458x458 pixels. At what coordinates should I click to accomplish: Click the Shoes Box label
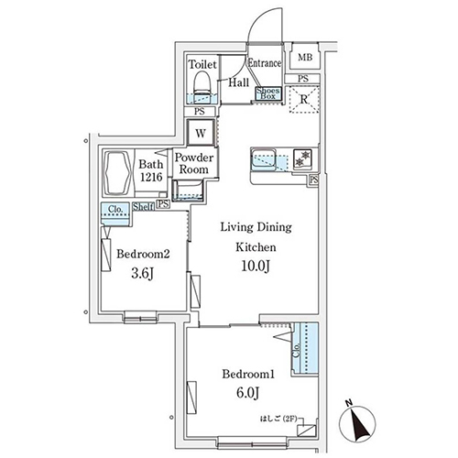pos(267,92)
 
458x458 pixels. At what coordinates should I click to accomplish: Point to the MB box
pos(304,58)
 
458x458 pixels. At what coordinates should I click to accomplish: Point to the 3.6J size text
pos(139,273)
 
